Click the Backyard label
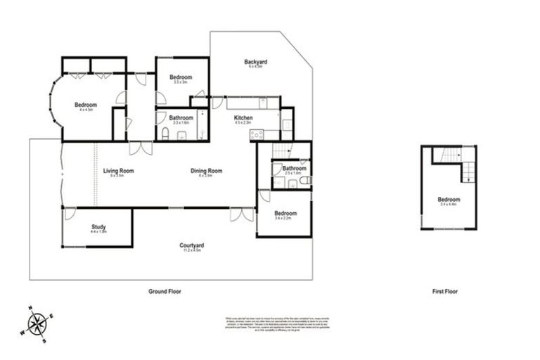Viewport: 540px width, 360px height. (255, 62)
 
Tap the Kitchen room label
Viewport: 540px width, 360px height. (243, 117)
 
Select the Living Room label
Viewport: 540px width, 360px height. (118, 171)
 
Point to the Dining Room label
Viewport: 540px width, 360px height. (206, 171)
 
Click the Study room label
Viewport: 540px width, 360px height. (98, 226)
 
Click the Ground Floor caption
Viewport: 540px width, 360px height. (166, 291)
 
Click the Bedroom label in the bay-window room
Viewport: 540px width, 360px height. (86, 105)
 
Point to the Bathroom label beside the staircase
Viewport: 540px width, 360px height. (294, 168)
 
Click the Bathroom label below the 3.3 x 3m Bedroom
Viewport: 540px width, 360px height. (181, 117)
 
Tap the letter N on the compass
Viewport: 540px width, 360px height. (30, 308)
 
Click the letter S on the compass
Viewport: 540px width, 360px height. (44, 341)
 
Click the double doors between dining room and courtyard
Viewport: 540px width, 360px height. (241, 214)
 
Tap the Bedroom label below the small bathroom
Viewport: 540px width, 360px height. (285, 214)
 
